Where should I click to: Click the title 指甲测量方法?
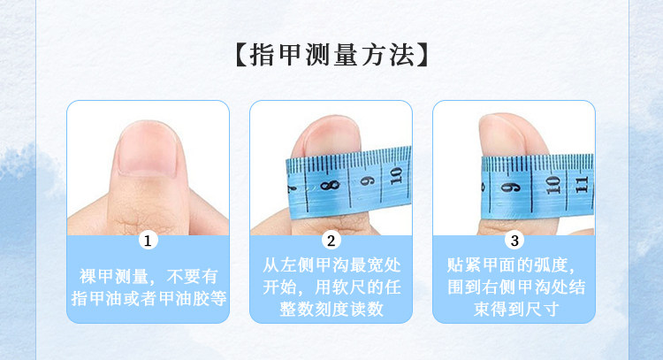(331, 55)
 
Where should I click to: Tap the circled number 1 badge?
(148, 241)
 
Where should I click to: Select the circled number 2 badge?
(331, 241)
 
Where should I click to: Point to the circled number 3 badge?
(514, 241)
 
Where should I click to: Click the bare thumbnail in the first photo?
(148, 148)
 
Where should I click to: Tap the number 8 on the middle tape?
(331, 185)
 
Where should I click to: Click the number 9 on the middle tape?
(368, 180)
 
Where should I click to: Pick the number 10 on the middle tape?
(396, 175)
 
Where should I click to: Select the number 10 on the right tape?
(552, 185)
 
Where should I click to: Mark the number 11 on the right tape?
(582, 185)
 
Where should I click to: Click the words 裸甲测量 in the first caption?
(114, 277)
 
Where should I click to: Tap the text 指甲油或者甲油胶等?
(149, 299)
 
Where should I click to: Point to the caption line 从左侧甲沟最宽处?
(331, 265)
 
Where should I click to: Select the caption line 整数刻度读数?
(331, 310)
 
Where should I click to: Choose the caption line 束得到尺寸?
(515, 310)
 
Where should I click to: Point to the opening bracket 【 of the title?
(241, 55)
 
